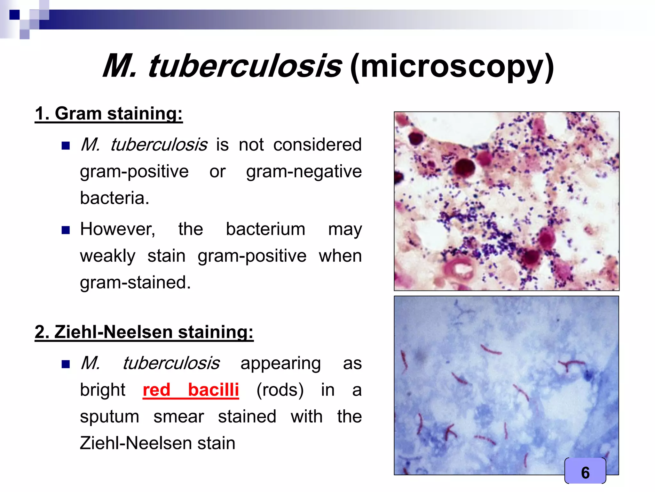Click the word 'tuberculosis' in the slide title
[245, 66]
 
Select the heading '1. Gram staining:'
[109, 114]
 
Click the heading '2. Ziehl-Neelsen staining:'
[144, 332]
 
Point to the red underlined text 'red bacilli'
[191, 390]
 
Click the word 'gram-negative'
[304, 171]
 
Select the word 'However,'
[118, 229]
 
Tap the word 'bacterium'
[265, 229]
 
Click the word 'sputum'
[109, 417]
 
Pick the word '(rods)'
[280, 390]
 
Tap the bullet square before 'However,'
[66, 230]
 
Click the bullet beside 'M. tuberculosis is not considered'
[66, 146]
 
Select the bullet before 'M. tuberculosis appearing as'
[66, 364]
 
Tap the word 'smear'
[178, 417]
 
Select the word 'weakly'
[107, 256]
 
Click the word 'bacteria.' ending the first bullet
[114, 198]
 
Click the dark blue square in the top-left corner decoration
[14, 15]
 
